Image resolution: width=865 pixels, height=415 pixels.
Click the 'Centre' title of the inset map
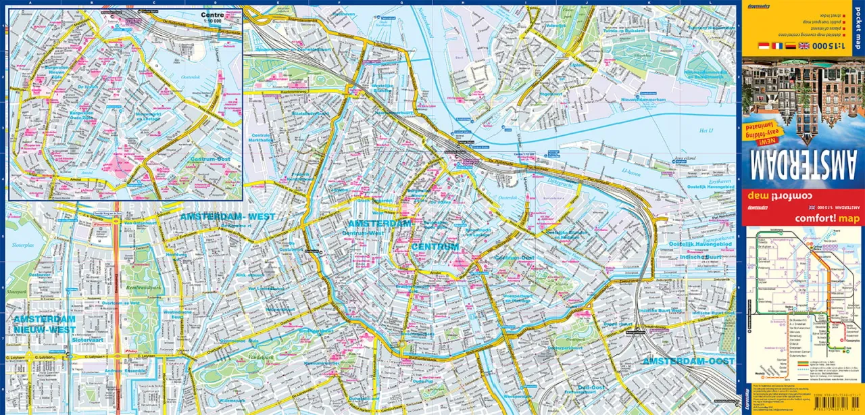pos(212,15)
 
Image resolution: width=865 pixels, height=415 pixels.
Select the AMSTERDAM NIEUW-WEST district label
pos(44,324)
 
